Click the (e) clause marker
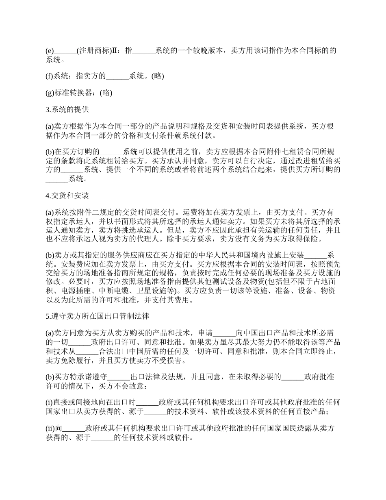point(50,51)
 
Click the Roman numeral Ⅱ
point(115,51)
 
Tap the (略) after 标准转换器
point(106,93)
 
